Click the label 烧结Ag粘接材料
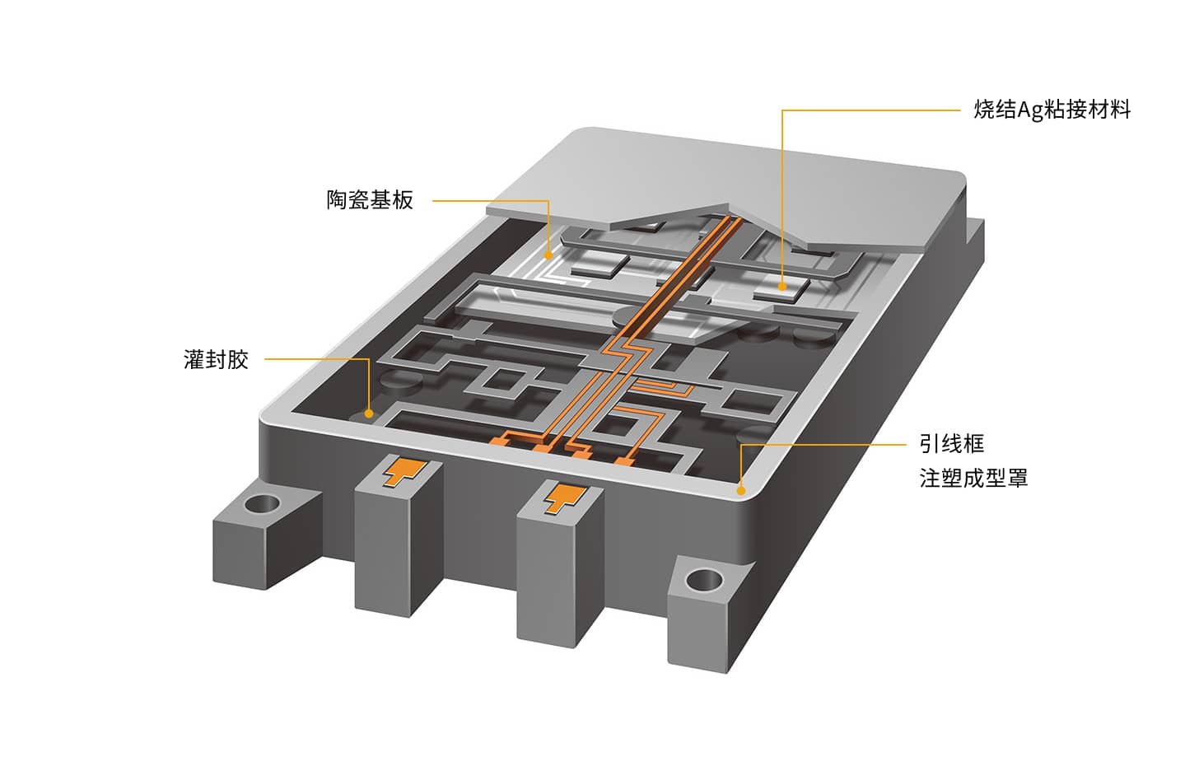[1052, 110]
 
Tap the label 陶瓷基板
[370, 199]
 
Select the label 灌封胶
[217, 359]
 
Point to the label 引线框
[952, 443]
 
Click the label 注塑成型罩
[973, 478]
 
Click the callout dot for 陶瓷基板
[548, 255]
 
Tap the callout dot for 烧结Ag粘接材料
[782, 287]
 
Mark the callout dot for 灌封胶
[369, 414]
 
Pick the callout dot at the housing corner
[741, 490]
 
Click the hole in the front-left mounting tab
[262, 503]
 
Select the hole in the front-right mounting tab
[704, 581]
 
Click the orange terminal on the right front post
[564, 498]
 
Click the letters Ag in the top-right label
[1030, 111]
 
